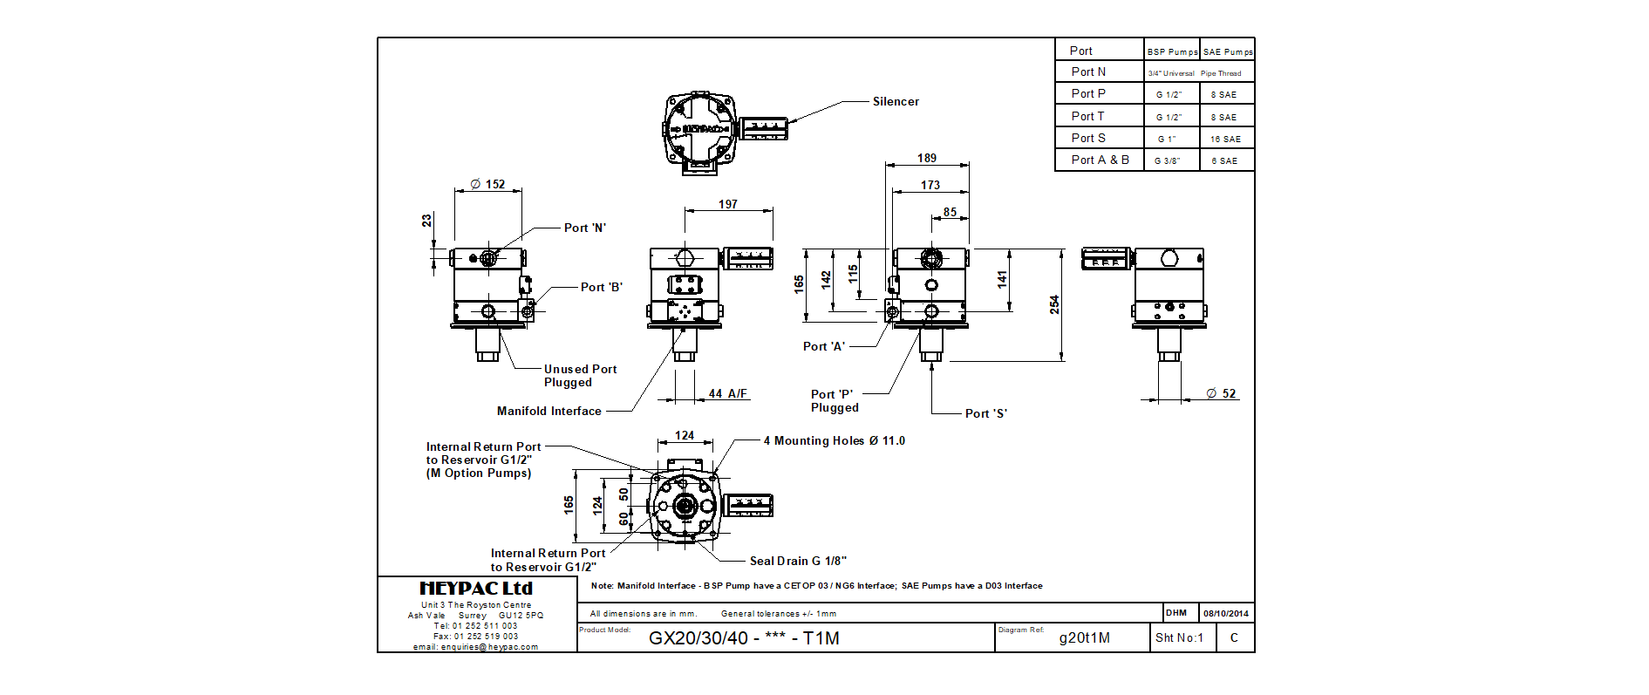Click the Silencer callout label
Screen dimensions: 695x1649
[x=896, y=102]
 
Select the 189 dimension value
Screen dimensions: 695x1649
[x=927, y=158]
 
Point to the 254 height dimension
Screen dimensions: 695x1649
[x=1054, y=304]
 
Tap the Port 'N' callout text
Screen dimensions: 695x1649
[x=584, y=228]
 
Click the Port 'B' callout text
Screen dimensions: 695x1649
[x=601, y=288]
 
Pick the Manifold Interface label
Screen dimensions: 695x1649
[x=549, y=412]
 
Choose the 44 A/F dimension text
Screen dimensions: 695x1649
[x=727, y=394]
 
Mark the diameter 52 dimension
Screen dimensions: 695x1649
[x=1221, y=394]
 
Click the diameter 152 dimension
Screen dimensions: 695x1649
[x=487, y=185]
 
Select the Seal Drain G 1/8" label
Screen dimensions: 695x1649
[x=798, y=562]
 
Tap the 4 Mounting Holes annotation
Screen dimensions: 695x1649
[x=834, y=441]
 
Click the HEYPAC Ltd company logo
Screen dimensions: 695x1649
[x=476, y=589]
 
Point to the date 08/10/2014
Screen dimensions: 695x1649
[x=1226, y=614]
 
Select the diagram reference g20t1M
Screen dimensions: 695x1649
[x=1084, y=638]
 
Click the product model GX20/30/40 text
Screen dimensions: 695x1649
[x=744, y=638]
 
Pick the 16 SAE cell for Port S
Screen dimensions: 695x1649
[x=1225, y=140]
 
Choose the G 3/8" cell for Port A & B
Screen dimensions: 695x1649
[x=1167, y=161]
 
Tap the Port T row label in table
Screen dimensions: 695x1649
[x=1087, y=117]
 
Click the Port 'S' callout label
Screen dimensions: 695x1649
[x=985, y=414]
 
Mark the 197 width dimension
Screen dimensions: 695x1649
[x=728, y=205]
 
